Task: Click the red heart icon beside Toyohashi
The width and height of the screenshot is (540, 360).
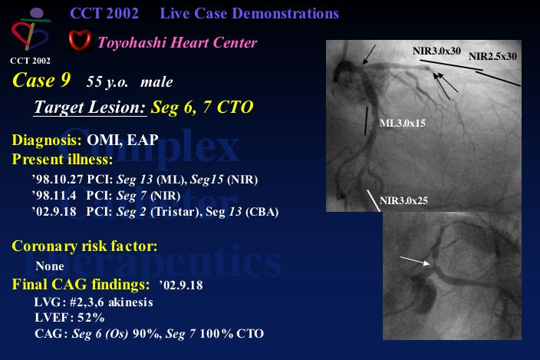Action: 80,40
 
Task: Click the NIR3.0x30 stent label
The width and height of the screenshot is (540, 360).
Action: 436,51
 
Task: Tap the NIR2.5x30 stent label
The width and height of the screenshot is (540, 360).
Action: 492,56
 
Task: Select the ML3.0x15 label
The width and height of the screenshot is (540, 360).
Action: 403,123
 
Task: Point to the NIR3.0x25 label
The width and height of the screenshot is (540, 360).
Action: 403,200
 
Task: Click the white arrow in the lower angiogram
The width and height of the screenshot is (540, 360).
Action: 415,260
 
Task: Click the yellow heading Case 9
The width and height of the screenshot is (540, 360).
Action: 41,80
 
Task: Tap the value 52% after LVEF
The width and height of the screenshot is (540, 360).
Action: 91,318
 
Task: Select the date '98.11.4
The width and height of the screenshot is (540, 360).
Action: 54,195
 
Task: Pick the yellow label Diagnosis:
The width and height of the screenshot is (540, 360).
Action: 47,140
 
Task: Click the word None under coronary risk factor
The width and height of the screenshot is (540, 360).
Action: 50,266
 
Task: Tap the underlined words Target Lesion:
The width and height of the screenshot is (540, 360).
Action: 91,107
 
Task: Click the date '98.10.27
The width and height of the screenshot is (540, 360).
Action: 58,179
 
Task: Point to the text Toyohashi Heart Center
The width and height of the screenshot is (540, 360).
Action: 177,43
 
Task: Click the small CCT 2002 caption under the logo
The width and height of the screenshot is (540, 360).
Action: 31,61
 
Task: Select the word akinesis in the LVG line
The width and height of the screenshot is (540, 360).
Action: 130,302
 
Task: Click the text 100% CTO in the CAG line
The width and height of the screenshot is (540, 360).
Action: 232,333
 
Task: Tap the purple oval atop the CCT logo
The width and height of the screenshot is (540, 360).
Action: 37,14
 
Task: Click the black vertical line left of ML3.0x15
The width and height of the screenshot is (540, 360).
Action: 366,121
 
